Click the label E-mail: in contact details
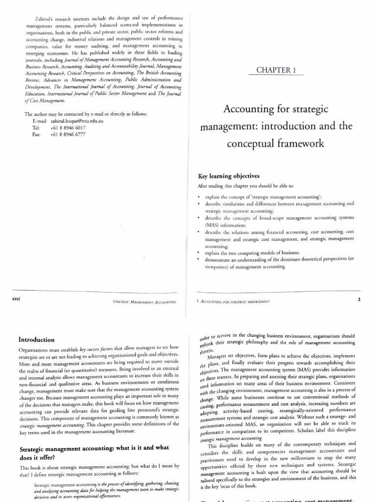pos(39,121)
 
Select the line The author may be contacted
pos(85,114)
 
